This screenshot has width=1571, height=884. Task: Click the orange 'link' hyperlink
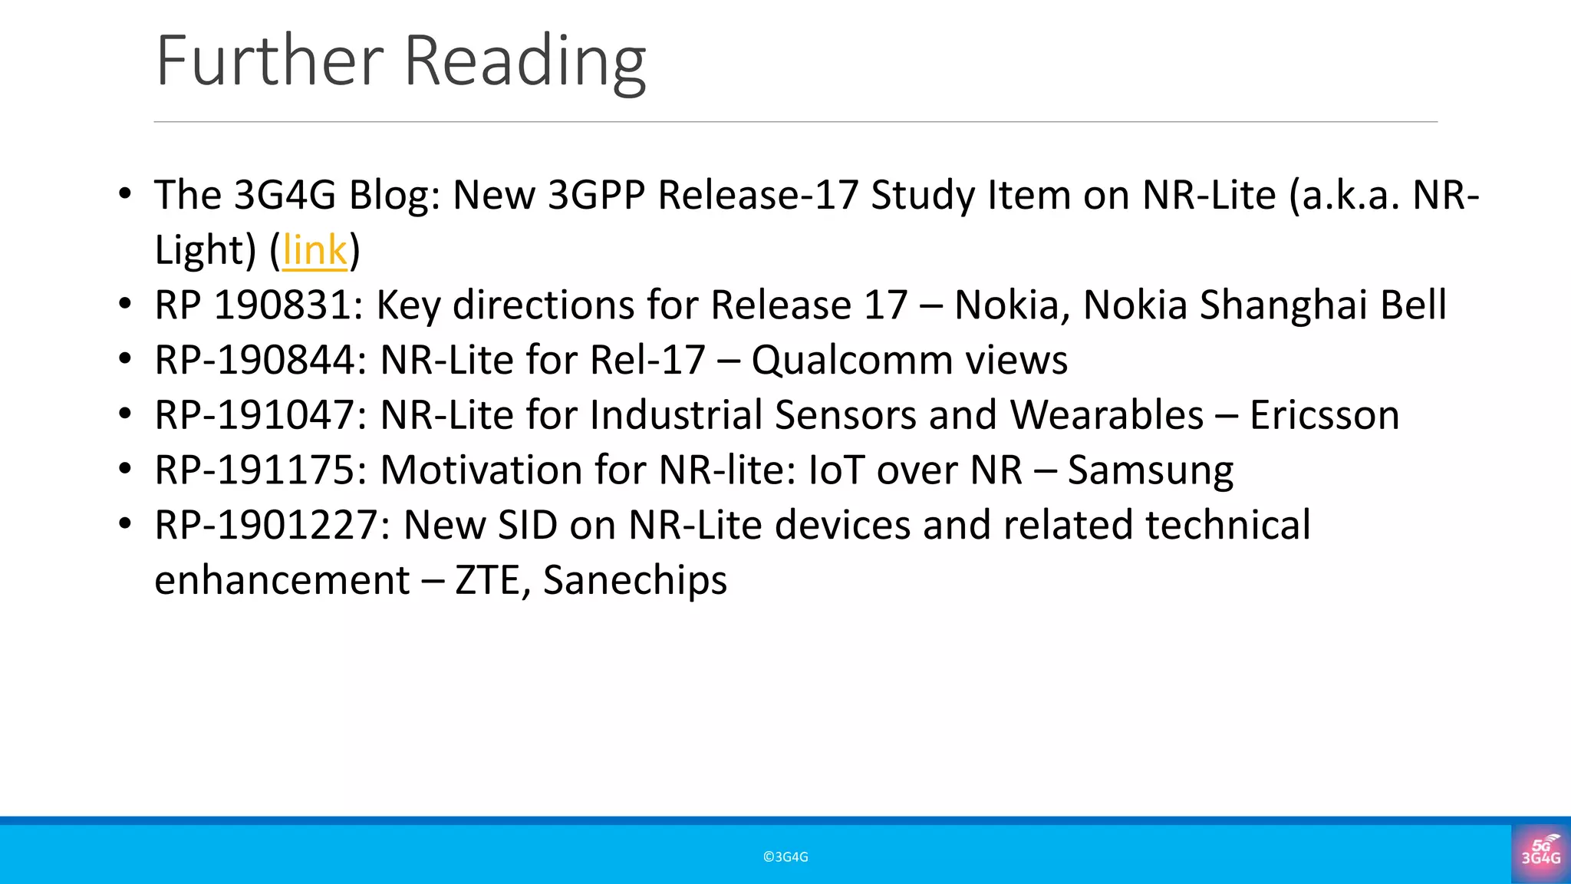pos(315,250)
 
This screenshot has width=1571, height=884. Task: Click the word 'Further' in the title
pos(269,61)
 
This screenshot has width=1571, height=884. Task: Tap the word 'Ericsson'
pos(1324,415)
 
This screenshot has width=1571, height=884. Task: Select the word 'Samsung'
pos(1151,471)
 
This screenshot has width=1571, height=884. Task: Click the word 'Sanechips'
pos(635,581)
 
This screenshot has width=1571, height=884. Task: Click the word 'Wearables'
pos(1107,415)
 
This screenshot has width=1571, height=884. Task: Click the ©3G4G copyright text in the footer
pos(785,857)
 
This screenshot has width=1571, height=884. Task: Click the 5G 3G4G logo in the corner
pos(1541,853)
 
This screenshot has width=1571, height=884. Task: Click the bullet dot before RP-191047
pos(126,414)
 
